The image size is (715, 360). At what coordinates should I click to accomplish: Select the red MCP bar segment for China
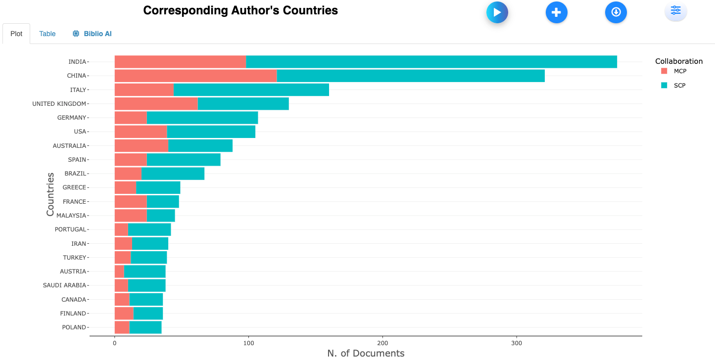[x=195, y=76]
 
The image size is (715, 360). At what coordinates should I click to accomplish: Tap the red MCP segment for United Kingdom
[x=156, y=104]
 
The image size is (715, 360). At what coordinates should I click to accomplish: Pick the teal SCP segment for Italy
[x=251, y=90]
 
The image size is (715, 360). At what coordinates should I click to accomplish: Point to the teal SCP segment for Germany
[x=202, y=118]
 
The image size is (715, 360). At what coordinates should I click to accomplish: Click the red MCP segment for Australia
[x=141, y=146]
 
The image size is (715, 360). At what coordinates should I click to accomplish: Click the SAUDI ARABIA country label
[x=64, y=285]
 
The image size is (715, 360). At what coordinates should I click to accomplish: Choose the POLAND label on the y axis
[x=74, y=327]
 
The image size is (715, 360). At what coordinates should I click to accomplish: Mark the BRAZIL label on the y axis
[x=75, y=174]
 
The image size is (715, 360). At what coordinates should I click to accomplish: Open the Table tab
[x=48, y=34]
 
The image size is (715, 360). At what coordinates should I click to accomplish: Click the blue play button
[x=497, y=12]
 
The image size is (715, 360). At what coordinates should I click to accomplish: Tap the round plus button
[x=557, y=12]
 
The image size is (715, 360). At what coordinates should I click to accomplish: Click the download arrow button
[x=616, y=12]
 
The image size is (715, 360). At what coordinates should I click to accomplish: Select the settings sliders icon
[x=676, y=10]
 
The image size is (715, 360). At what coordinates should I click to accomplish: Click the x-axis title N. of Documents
[x=366, y=353]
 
